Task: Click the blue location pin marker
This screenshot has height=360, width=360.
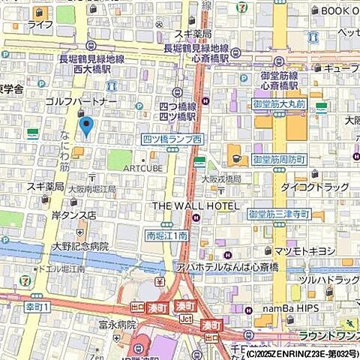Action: pyautogui.click(x=86, y=127)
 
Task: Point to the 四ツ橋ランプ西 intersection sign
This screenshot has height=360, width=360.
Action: pyautogui.click(x=172, y=139)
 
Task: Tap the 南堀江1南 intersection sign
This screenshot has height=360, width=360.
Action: pyautogui.click(x=166, y=235)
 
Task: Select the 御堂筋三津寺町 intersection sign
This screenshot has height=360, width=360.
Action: pyautogui.click(x=279, y=214)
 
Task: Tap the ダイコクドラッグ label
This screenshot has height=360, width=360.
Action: pyautogui.click(x=315, y=186)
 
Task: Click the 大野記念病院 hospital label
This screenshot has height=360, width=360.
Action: pyautogui.click(x=80, y=245)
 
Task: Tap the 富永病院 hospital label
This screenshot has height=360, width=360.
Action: pyautogui.click(x=116, y=325)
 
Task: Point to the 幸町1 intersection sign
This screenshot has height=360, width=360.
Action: pyautogui.click(x=34, y=307)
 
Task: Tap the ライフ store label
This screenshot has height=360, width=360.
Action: pyautogui.click(x=40, y=25)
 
